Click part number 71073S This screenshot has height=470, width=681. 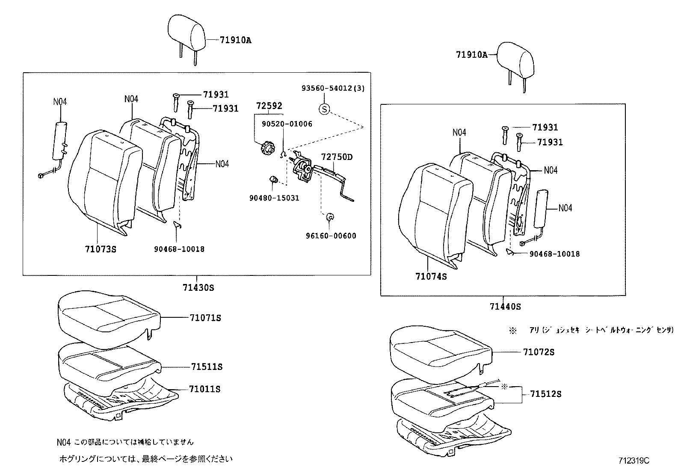101,249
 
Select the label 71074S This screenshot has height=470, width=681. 431,277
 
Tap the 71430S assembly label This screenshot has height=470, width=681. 198,287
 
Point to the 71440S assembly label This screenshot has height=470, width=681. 505,307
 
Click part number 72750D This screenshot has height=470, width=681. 337,157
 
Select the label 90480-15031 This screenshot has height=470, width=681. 274,198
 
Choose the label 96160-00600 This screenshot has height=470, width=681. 331,236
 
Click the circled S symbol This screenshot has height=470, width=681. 324,109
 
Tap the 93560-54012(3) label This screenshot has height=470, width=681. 333,88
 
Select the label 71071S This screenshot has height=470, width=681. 205,318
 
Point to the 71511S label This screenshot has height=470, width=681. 207,367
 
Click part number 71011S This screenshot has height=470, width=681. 204,389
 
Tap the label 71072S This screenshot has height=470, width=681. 539,352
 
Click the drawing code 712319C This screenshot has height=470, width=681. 634,461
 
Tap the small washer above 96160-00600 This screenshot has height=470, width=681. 330,217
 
